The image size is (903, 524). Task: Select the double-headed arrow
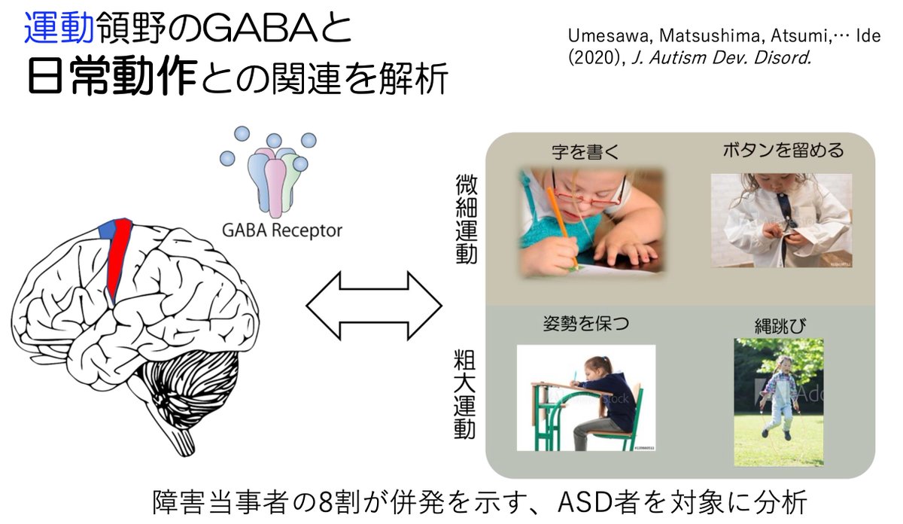click(x=373, y=306)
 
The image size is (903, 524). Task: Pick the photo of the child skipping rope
click(x=778, y=402)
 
